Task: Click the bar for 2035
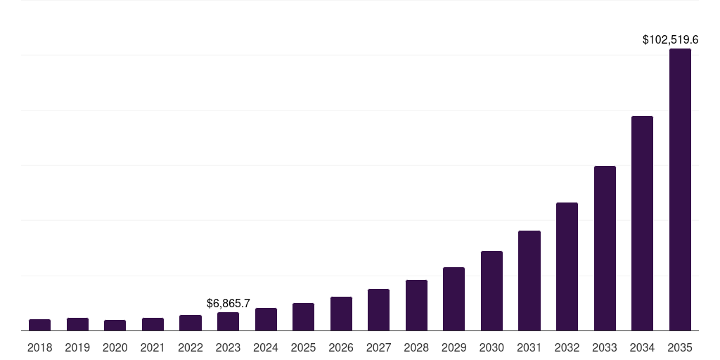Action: [x=680, y=190]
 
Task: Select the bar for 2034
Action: [x=642, y=224]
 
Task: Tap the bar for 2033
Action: [x=605, y=248]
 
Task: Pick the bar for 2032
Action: [x=567, y=266]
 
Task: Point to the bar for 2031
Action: [x=529, y=281]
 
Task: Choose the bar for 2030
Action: [x=491, y=290]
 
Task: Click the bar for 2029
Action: [x=454, y=299]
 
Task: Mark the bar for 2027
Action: [x=378, y=309]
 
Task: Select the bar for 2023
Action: [x=228, y=321]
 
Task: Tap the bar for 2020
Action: [x=115, y=325]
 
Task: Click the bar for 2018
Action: [x=39, y=325]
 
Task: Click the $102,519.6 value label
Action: [x=670, y=40]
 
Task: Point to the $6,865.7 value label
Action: [x=229, y=303]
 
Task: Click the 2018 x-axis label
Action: [x=39, y=347]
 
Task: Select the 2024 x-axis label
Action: [x=266, y=347]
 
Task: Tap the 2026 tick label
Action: [x=341, y=347]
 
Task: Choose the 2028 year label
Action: [x=416, y=347]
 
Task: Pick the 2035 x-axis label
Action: [x=680, y=347]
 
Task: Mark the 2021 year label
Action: [x=153, y=347]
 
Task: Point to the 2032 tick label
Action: [x=567, y=347]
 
